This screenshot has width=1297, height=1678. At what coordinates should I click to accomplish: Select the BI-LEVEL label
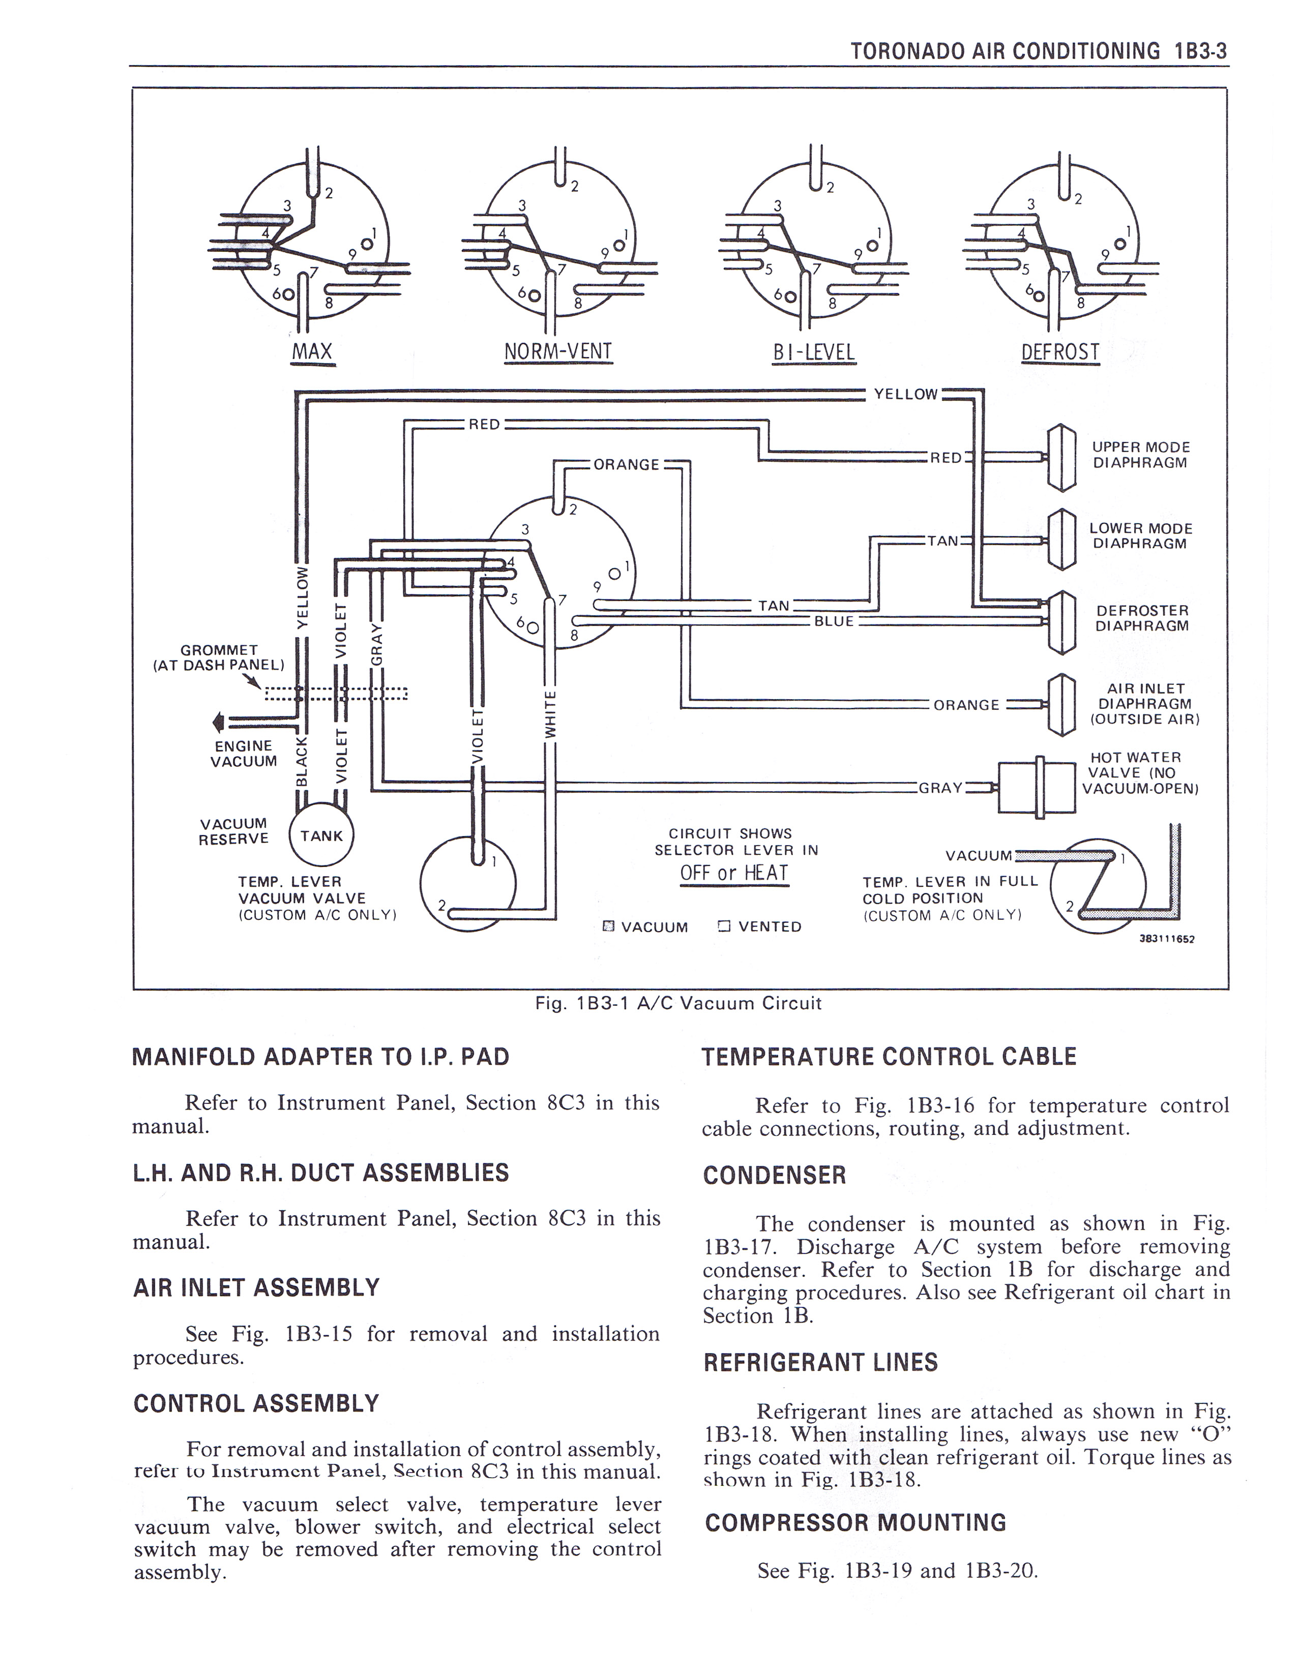(x=813, y=352)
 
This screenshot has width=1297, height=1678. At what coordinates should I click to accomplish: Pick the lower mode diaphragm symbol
(x=1060, y=540)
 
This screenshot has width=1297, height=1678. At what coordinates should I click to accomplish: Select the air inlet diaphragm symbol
(x=1060, y=704)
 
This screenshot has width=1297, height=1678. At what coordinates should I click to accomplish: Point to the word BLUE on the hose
(x=834, y=621)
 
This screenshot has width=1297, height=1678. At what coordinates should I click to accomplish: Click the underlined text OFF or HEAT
(x=734, y=874)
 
